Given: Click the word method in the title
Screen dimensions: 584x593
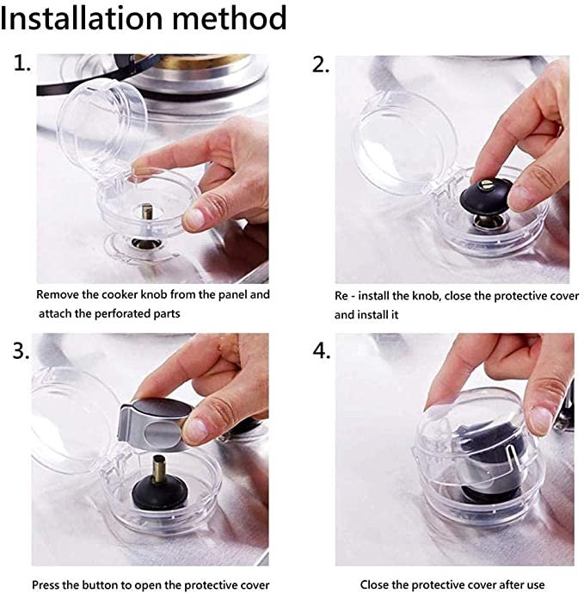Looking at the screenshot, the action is point(230,17).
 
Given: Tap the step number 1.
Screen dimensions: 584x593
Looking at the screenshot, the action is point(22,63).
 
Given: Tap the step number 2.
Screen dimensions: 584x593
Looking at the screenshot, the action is point(321,65).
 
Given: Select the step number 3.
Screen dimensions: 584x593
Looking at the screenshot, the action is point(22,351).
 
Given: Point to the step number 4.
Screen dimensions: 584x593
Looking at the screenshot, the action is point(322,351).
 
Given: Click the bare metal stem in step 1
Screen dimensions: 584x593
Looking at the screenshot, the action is point(147,213).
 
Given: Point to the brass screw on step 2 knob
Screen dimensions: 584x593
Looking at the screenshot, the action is point(486,185).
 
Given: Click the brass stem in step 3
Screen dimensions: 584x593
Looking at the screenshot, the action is point(159,469).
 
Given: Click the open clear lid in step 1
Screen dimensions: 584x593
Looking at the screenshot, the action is point(101,128).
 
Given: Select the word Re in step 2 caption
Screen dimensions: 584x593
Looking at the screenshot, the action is point(341,296).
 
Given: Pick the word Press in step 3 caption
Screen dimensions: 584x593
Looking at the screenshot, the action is point(46,584).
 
